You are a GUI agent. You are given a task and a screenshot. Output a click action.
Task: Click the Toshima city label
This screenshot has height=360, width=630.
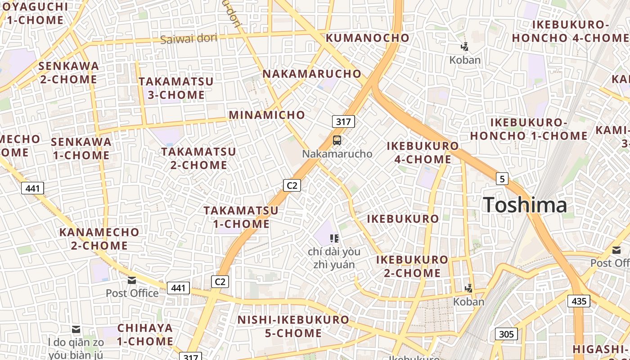click(525, 205)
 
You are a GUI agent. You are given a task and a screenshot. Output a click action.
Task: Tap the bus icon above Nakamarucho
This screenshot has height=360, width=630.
click(337, 140)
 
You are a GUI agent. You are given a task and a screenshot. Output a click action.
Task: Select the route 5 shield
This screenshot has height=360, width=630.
click(502, 179)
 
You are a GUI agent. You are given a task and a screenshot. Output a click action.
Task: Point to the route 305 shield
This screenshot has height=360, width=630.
click(506, 334)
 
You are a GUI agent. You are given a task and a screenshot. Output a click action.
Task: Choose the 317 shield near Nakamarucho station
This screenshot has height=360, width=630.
click(343, 121)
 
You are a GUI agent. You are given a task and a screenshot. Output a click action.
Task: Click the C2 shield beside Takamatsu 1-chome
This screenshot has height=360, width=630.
click(292, 185)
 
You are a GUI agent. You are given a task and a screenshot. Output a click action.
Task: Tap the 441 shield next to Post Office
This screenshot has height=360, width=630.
click(178, 288)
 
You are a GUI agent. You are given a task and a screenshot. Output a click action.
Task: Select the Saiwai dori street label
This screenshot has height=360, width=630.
click(189, 39)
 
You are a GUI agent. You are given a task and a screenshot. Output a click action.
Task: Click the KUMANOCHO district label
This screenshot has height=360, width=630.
click(368, 38)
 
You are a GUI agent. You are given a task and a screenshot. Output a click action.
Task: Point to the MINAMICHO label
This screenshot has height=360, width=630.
click(267, 115)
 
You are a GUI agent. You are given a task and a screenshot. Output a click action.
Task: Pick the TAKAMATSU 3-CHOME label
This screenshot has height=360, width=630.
click(176, 88)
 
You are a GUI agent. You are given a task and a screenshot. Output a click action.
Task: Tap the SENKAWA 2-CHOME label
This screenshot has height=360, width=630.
click(68, 72)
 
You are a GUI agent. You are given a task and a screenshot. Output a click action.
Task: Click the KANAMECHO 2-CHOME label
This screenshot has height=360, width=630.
click(99, 239)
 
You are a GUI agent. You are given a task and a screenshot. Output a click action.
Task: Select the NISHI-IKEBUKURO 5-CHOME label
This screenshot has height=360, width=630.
click(293, 327)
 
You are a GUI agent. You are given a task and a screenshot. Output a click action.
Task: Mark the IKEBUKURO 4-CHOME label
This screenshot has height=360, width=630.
click(423, 153)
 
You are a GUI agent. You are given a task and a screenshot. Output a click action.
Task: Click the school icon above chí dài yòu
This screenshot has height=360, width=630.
click(334, 238)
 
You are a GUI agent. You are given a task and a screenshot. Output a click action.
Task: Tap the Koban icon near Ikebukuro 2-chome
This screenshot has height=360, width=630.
click(469, 288)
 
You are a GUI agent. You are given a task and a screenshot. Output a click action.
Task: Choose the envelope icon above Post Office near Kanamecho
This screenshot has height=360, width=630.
click(132, 280)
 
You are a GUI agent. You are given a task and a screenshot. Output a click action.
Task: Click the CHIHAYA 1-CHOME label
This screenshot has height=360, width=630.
click(145, 334)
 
